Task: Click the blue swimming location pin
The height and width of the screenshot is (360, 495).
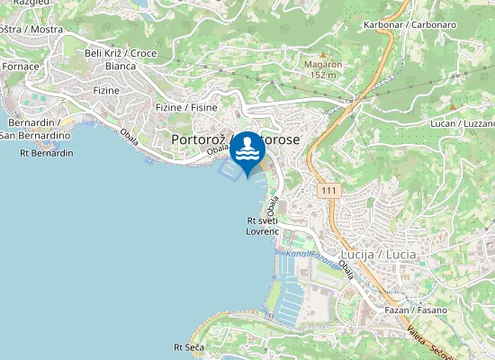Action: click(x=247, y=153)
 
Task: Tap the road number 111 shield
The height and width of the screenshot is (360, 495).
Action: click(x=329, y=191)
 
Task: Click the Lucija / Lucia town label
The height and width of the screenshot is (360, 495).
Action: click(x=378, y=255)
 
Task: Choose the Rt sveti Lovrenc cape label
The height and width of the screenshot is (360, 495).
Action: click(x=265, y=226)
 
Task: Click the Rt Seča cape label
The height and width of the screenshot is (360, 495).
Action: click(x=191, y=346)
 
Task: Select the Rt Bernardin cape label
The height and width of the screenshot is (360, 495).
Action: click(x=46, y=153)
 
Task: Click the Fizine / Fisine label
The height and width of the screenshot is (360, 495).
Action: click(x=187, y=108)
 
